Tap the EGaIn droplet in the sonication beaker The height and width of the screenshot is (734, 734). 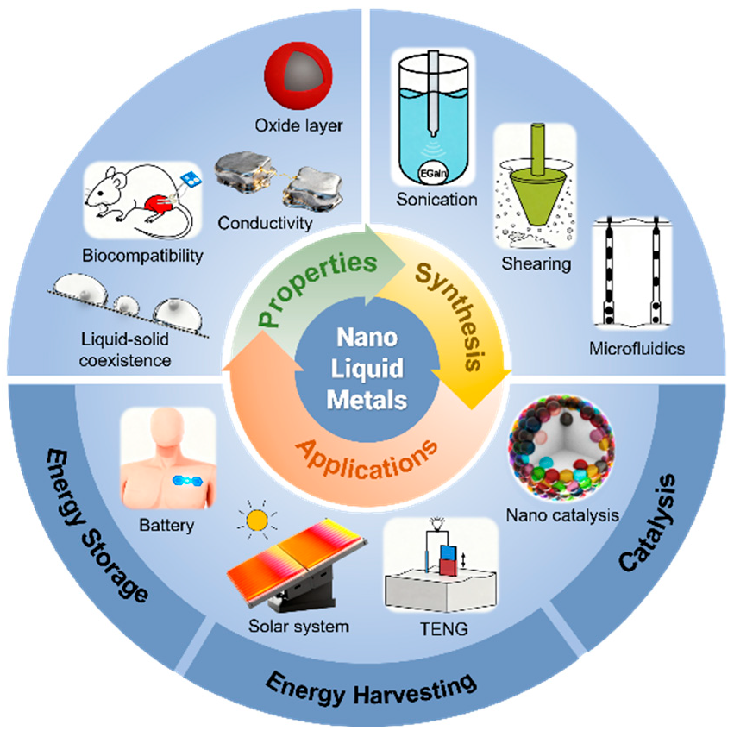433,173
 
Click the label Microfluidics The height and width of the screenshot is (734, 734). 637,348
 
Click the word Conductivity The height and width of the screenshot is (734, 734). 265,223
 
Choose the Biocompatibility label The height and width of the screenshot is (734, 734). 142,255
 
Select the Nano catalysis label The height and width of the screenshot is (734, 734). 562,515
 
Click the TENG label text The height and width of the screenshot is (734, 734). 444,629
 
